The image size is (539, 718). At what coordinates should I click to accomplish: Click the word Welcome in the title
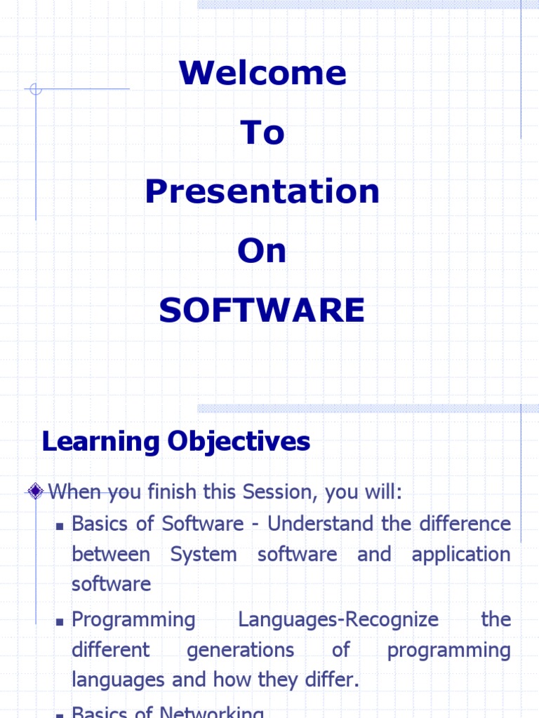[x=262, y=73]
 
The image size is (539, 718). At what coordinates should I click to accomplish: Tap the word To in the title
[x=262, y=133]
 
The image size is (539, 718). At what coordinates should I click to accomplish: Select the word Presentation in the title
[x=262, y=191]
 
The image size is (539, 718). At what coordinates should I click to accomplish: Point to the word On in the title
[x=262, y=251]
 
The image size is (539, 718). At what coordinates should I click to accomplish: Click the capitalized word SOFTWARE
[x=262, y=310]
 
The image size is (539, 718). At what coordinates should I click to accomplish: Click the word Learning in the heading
[x=100, y=442]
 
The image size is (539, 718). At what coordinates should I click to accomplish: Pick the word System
[x=204, y=554]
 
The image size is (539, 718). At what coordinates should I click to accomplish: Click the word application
[x=461, y=555]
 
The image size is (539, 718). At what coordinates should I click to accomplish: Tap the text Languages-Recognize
[x=338, y=620]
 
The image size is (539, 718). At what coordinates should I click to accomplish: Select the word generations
[x=240, y=650]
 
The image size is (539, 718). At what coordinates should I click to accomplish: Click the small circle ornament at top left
[x=36, y=89]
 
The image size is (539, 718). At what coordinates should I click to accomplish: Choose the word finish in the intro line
[x=173, y=492]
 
